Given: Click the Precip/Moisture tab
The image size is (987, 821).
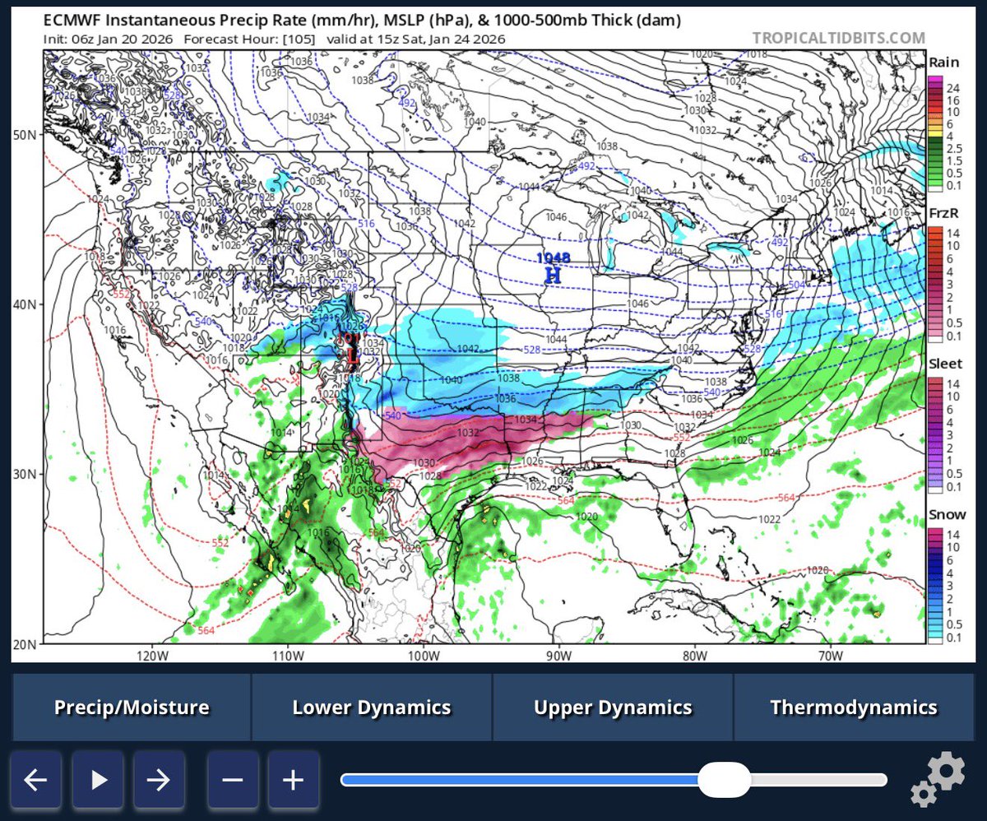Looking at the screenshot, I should pyautogui.click(x=132, y=707).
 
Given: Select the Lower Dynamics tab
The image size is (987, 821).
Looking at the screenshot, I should pyautogui.click(x=372, y=707).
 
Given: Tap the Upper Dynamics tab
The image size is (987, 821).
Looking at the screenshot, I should pyautogui.click(x=613, y=707).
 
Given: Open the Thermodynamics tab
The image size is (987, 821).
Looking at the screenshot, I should pyautogui.click(x=854, y=707).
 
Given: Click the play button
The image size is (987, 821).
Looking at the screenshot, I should pyautogui.click(x=98, y=779).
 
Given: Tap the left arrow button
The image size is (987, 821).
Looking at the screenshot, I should pyautogui.click(x=35, y=779).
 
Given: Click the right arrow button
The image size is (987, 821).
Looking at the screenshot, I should pyautogui.click(x=159, y=779).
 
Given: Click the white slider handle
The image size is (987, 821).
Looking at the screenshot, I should pyautogui.click(x=724, y=779).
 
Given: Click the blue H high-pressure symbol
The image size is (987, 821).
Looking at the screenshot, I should pyautogui.click(x=553, y=276).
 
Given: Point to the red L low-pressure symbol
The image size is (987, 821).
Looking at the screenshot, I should pyautogui.click(x=353, y=356).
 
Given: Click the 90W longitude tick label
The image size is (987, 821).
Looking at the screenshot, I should pyautogui.click(x=558, y=656).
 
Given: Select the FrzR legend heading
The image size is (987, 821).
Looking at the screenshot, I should pyautogui.click(x=944, y=212).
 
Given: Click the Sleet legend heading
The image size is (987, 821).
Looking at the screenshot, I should pyautogui.click(x=945, y=364).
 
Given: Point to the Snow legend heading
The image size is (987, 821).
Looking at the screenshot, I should pyautogui.click(x=947, y=515).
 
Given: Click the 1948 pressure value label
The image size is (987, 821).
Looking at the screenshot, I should pyautogui.click(x=553, y=258).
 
